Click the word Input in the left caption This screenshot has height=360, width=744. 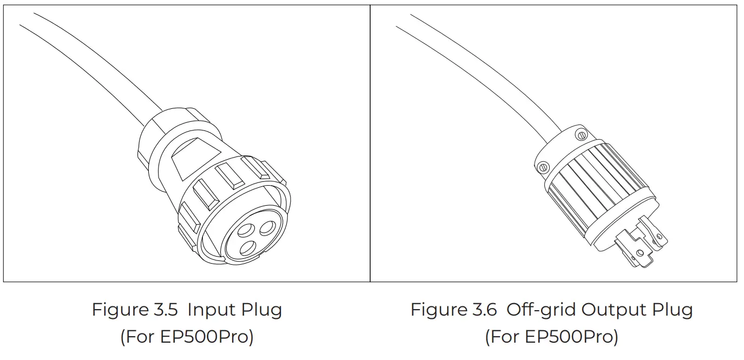211,310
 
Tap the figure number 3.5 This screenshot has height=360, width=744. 166,310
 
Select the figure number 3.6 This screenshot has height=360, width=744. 485,310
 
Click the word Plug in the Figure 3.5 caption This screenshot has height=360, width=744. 262,310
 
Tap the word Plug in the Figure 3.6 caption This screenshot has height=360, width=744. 673,310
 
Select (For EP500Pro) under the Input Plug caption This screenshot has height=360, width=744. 187,336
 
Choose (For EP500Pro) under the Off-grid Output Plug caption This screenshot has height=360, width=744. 552,336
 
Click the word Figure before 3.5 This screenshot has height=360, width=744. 120,310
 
